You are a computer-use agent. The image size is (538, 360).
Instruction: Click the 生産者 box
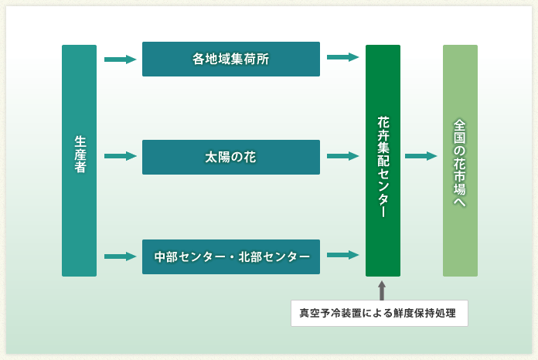(79, 161)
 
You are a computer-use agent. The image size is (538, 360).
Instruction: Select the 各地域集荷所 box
(231, 59)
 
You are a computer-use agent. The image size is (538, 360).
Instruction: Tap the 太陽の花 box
(231, 157)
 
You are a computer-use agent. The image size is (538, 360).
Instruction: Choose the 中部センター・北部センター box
(231, 256)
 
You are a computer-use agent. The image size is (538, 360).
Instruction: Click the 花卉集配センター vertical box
(383, 161)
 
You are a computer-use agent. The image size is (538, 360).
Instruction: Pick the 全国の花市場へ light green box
(460, 161)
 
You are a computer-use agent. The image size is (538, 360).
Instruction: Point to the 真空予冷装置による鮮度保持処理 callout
(379, 313)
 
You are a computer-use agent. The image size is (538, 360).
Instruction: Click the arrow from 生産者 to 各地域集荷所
(121, 59)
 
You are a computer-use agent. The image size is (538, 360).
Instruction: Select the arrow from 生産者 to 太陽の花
(121, 156)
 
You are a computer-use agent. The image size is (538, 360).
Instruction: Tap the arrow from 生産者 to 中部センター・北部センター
(121, 256)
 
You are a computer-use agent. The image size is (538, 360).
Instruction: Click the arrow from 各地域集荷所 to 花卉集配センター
(342, 57)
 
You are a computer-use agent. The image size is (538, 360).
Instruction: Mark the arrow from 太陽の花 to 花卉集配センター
(342, 156)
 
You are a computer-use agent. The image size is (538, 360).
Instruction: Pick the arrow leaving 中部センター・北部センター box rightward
(342, 255)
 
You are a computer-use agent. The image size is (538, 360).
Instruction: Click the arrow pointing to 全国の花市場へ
(421, 156)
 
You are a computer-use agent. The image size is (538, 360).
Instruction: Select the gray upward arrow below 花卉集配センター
(382, 290)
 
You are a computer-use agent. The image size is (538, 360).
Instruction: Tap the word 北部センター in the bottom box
(274, 256)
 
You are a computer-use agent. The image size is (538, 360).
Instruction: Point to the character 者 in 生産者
(80, 167)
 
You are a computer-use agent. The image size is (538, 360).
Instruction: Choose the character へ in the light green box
(460, 202)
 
